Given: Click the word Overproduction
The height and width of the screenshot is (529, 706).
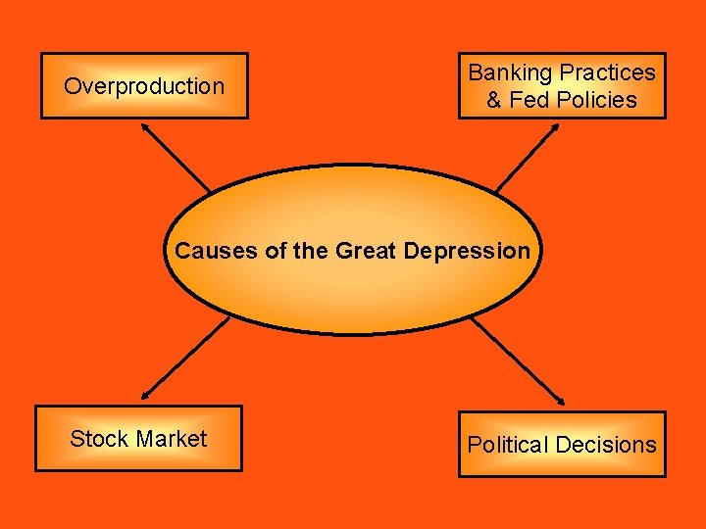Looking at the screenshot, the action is click(144, 86).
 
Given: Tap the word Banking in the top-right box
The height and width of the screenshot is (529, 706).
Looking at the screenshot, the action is click(510, 72).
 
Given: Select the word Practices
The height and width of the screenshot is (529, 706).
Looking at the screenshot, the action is click(607, 72).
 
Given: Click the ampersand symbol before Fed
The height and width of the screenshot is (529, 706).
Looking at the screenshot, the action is click(494, 100).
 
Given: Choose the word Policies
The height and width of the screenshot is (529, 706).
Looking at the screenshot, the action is click(597, 100).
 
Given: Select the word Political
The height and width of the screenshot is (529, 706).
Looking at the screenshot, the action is click(507, 445).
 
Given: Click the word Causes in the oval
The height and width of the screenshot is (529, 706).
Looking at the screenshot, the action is click(216, 251).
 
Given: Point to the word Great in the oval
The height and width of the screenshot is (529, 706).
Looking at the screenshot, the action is click(364, 251).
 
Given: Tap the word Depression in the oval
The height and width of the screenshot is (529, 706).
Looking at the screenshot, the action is click(464, 251).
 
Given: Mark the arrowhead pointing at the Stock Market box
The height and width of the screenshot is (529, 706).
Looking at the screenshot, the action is click(144, 396).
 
